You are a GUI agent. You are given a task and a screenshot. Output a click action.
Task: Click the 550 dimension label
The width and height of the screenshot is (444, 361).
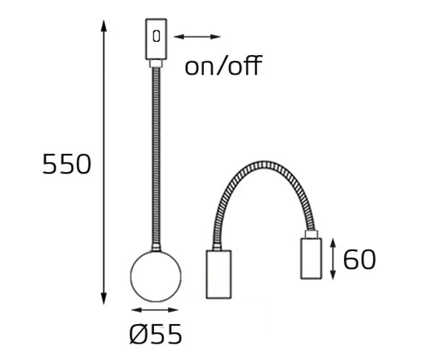67,165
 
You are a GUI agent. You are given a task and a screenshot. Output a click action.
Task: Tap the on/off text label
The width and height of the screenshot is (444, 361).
222,67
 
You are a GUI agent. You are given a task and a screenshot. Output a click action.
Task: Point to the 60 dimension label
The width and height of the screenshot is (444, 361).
359,259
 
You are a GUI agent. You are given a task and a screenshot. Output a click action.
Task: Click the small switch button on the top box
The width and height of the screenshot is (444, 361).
156,36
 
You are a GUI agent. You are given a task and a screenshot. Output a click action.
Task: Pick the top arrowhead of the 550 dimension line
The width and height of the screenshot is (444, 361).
104,25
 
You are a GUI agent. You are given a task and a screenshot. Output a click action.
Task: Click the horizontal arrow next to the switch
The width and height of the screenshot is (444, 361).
197,36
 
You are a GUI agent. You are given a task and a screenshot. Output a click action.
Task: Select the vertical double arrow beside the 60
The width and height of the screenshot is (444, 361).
333,259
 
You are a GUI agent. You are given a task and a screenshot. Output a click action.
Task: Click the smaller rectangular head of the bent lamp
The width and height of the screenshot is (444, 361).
312,258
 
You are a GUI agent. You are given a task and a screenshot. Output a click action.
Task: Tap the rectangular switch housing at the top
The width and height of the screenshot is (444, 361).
155,40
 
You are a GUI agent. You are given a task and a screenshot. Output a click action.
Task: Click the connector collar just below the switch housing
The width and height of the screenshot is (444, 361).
155,64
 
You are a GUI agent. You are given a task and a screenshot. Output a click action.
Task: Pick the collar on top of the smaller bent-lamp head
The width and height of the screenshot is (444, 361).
312,234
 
